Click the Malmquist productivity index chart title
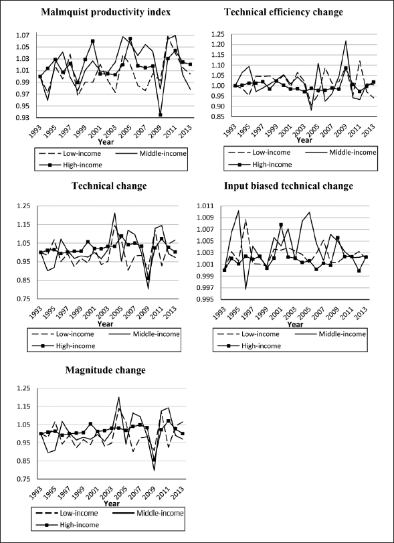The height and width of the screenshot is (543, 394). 106,13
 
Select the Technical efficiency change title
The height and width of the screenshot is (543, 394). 284,13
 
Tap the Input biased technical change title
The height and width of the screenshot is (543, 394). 288,186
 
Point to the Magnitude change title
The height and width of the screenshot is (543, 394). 106,370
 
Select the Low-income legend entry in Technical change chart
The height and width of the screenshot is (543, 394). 63,334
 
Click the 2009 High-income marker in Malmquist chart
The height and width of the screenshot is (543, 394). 151,114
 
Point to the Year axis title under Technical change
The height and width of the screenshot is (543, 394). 105,324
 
